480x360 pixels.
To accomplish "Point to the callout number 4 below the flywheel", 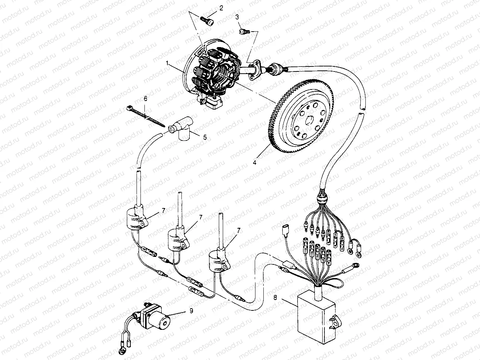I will point(255,162).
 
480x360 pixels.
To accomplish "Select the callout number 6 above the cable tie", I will point(146,98).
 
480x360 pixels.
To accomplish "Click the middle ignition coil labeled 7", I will point(176,239).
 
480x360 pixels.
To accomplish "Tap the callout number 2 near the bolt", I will point(221,8).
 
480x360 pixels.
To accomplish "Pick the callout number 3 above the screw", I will point(237,17).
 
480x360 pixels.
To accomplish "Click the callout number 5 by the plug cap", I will point(205,137).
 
